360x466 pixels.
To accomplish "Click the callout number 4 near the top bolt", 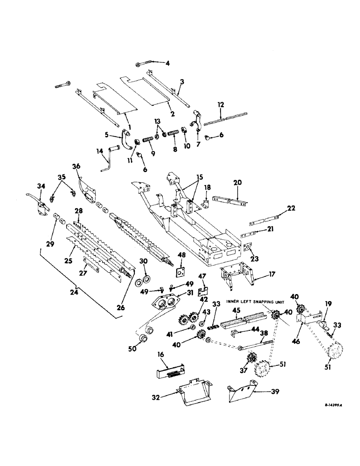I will (168, 63).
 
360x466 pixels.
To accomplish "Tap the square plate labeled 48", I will (179, 271).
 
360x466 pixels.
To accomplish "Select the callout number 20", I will (239, 184).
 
